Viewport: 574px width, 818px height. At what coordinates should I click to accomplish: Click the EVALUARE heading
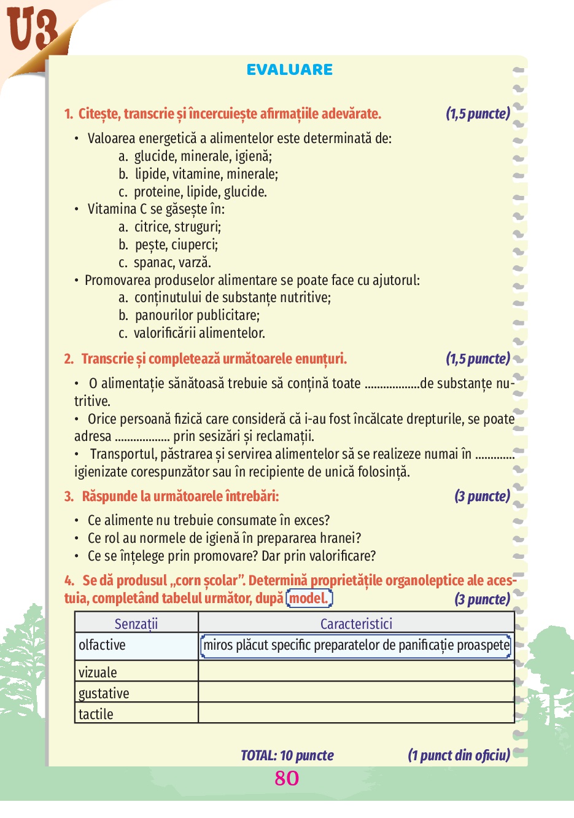[x=290, y=70]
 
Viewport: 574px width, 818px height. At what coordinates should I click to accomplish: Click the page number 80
[x=287, y=778]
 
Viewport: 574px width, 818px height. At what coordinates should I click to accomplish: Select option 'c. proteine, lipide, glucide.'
[x=193, y=192]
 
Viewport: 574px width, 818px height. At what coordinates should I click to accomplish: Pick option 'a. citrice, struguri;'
[x=170, y=227]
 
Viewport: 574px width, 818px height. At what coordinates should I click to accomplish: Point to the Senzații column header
[x=136, y=623]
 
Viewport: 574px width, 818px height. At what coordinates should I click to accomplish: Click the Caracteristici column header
[x=356, y=623]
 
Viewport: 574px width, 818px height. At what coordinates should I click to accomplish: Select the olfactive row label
[x=102, y=645]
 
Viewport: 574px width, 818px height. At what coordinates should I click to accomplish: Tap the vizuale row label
[x=98, y=672]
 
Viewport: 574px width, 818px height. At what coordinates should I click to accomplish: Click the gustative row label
[x=104, y=693]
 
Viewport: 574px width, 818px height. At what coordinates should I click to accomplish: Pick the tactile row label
[x=96, y=714]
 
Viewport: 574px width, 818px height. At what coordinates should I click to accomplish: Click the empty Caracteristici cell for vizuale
[x=356, y=671]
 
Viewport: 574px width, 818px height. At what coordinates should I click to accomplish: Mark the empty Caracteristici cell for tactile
[x=356, y=713]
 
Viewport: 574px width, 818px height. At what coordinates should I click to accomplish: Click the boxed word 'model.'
[x=309, y=598]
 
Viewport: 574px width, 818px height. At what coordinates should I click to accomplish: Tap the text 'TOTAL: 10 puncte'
[x=287, y=755]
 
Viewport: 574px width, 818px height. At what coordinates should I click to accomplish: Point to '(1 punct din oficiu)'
[x=459, y=755]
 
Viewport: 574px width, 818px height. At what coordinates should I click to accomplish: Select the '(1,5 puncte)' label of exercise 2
[x=478, y=359]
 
